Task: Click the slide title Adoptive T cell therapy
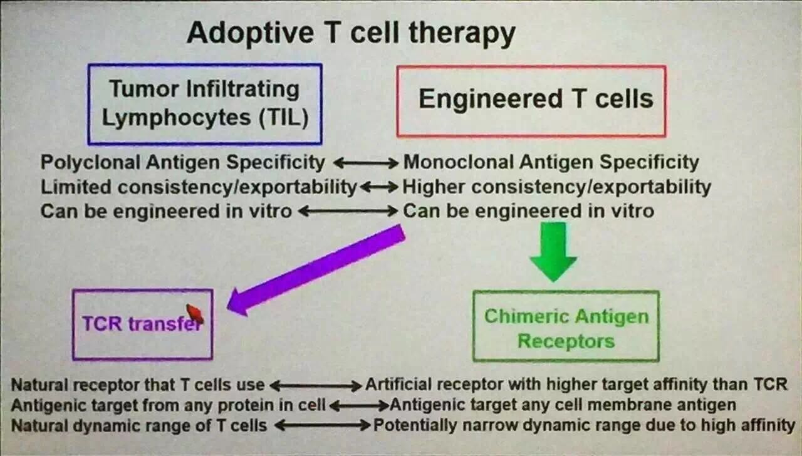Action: pos(351,33)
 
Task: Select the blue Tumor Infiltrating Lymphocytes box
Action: pos(205,103)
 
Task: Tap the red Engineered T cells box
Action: pos(531,100)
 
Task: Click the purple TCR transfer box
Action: pos(142,324)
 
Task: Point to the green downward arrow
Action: pos(553,251)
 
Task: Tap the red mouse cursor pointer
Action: pos(195,313)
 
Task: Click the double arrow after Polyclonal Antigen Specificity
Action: pos(365,163)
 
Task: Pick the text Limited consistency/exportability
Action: pos(199,187)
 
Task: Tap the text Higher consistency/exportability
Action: pos(556,187)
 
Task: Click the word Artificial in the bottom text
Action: pos(395,384)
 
